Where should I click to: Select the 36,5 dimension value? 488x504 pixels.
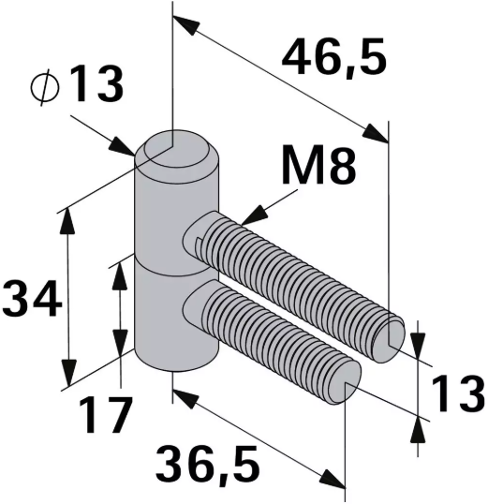pos(208,463)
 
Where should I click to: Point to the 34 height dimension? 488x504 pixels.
pos(30,300)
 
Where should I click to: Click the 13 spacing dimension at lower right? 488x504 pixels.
pos(457,395)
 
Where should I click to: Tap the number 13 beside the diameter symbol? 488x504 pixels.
pos(95,87)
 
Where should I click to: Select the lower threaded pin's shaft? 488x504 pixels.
pos(272,333)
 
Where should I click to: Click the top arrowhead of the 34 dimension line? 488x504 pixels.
pos(67,217)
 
